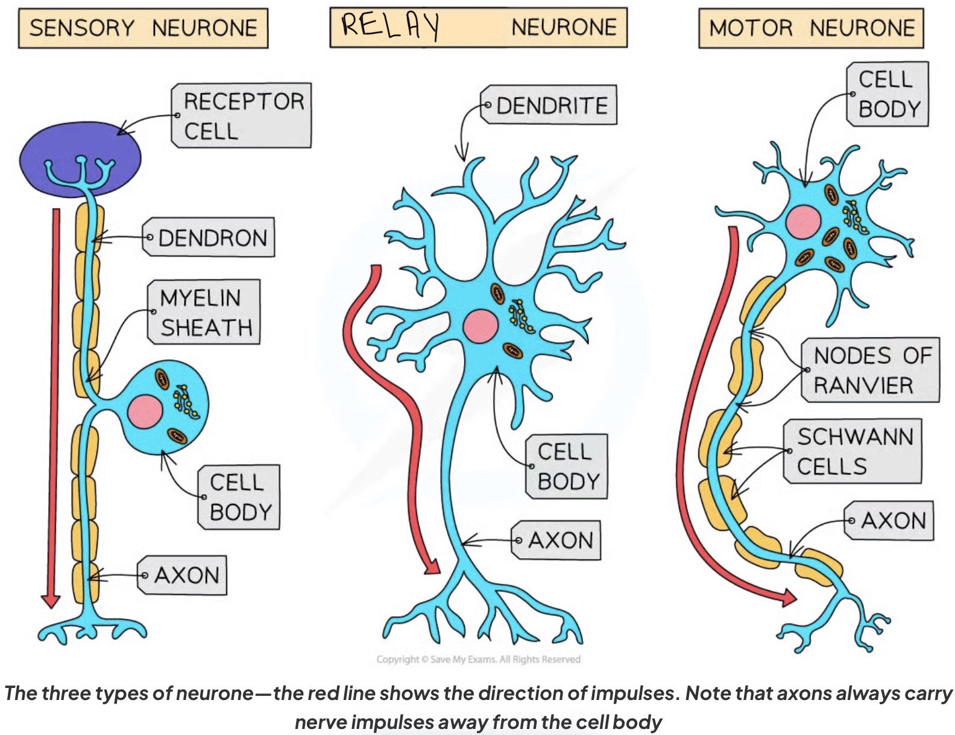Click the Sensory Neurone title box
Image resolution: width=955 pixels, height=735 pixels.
click(143, 28)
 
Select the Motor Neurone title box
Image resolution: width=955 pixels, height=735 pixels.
click(810, 28)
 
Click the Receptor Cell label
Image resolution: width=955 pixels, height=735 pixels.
click(243, 116)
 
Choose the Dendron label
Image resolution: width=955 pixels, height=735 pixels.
click(210, 238)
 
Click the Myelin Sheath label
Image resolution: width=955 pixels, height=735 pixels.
click(205, 313)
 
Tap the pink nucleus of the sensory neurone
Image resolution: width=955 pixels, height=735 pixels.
click(145, 412)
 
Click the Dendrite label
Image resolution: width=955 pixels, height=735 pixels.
click(550, 106)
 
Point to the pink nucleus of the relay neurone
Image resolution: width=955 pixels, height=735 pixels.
click(481, 326)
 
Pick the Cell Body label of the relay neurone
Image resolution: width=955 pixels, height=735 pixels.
click(567, 466)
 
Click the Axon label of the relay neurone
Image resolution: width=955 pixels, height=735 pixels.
click(558, 540)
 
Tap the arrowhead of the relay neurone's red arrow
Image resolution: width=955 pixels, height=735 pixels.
click(432, 568)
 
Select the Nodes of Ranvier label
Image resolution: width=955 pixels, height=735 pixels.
click(871, 370)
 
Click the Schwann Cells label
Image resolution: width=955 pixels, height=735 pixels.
click(854, 451)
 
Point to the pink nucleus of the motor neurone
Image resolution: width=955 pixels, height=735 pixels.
click(803, 221)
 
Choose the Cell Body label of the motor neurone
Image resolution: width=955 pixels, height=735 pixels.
click(889, 94)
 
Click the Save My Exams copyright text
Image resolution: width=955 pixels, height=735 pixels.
click(478, 660)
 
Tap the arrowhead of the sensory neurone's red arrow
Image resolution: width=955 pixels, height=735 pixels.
click(51, 601)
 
